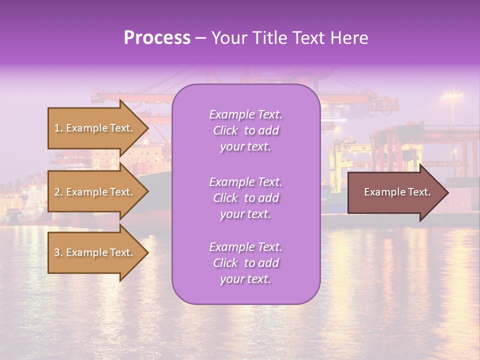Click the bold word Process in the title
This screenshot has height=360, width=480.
pos(157,38)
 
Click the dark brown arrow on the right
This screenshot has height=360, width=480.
pos(395,192)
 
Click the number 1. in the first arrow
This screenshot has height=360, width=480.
pos(58,128)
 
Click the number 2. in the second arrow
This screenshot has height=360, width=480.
pos(58,192)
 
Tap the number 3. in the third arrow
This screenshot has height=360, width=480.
pos(58,252)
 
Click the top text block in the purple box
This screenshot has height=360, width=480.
pos(246,130)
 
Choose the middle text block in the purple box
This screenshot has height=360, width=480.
pos(246,198)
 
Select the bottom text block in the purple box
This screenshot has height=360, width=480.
pos(246,263)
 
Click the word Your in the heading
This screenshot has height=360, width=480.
pos(228,38)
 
